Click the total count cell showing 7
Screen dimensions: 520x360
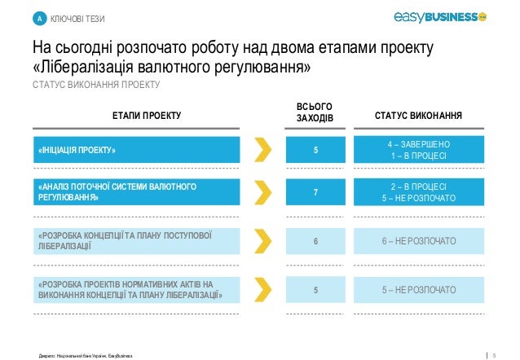[x=315, y=192]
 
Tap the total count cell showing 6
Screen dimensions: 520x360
[x=315, y=242]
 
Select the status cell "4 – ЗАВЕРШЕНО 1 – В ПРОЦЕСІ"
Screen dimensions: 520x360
[x=418, y=150]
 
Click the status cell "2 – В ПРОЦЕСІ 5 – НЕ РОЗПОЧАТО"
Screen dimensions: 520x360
[x=418, y=192]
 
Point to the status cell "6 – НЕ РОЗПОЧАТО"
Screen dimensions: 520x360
[x=418, y=242]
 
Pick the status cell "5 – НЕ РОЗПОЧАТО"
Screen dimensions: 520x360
[x=418, y=289]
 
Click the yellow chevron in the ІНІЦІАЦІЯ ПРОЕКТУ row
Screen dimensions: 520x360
[x=262, y=150]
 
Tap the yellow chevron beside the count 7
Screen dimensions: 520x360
[x=262, y=192]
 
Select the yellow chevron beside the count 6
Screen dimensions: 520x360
[x=262, y=242]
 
